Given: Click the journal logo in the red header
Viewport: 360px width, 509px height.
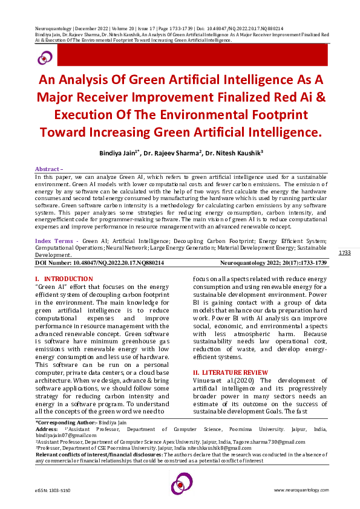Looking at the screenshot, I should (x=45, y=58).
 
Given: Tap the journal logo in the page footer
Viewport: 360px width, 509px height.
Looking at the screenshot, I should (x=181, y=484).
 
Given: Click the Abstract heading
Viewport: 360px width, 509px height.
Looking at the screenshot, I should (x=48, y=169).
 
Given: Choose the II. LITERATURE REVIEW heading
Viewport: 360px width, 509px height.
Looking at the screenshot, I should (x=230, y=372).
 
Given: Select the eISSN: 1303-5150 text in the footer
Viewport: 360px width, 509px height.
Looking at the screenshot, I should (x=53, y=490).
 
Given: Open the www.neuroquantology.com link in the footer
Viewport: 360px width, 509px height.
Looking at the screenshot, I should (x=301, y=490).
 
